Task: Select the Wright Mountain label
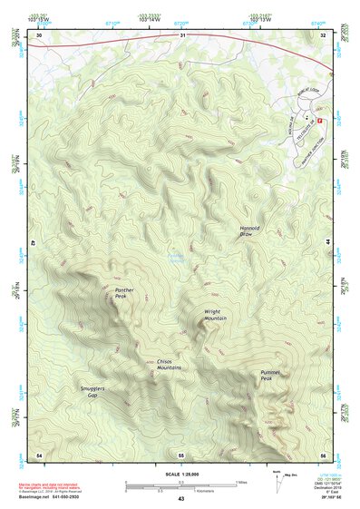point(215,315)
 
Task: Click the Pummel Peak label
point(272,375)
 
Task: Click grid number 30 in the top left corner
point(39,35)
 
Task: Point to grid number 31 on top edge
point(181,35)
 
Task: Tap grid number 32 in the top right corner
point(323,35)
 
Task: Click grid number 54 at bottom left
point(39,454)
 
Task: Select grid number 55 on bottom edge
point(180,454)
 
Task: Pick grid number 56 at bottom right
point(323,454)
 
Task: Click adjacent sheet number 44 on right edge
point(327,243)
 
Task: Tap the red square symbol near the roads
point(318,122)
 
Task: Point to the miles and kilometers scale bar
point(180,485)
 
